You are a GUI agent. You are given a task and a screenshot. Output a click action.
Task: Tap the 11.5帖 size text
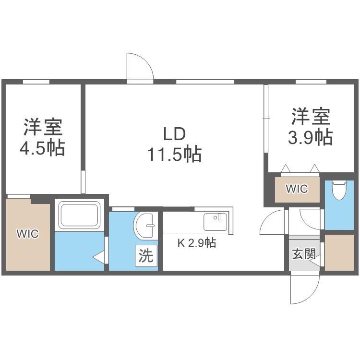pyautogui.click(x=174, y=155)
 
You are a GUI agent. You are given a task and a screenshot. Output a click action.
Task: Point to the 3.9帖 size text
pyautogui.click(x=310, y=138)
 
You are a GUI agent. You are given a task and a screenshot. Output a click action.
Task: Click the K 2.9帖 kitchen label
pyautogui.click(x=197, y=243)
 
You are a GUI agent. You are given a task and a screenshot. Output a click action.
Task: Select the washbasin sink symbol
pyautogui.click(x=145, y=224)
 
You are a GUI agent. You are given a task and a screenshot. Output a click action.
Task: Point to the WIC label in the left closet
pyautogui.click(x=27, y=234)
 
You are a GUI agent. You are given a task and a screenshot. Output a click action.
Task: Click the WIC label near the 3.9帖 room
pyautogui.click(x=297, y=189)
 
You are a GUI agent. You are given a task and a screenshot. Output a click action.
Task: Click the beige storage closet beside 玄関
pyautogui.click(x=339, y=252)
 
